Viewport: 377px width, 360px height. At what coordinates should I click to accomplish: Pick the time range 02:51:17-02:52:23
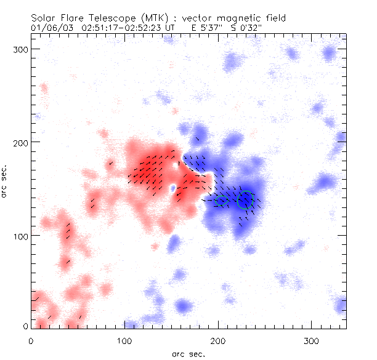point(124,28)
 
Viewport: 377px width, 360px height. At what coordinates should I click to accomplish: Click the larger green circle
point(246,199)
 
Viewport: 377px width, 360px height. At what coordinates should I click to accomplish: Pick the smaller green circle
point(222,199)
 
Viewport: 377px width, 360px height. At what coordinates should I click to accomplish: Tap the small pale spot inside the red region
point(173,188)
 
